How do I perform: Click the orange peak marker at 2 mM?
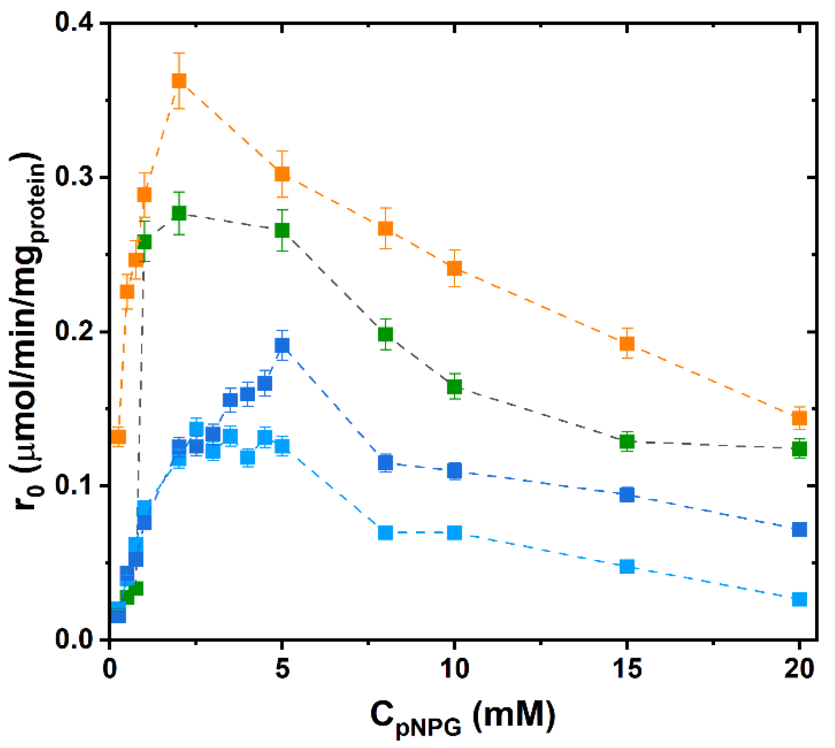pos(179,81)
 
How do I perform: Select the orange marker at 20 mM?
pos(799,418)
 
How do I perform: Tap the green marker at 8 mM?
pos(385,334)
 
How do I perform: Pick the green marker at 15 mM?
pos(627,441)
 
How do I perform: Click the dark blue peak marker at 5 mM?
pos(282,345)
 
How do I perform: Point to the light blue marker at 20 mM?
pos(799,599)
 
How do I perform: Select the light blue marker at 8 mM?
pos(385,533)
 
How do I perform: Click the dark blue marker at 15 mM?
pos(627,494)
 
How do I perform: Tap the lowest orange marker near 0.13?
pos(118,437)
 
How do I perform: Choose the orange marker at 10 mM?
pos(454,268)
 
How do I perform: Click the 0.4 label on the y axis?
pos(74,22)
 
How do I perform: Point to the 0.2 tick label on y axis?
pos(74,331)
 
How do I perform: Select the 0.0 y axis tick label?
pos(74,640)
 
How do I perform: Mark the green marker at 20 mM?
pos(799,449)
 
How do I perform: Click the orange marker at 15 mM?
pos(627,344)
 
